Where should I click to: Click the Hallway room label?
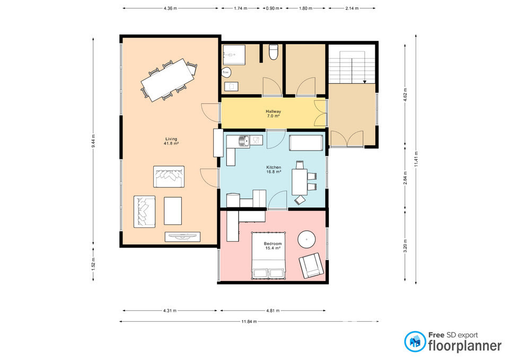[x=274, y=111]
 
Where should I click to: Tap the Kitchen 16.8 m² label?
[x=274, y=170]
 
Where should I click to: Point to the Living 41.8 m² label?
[x=171, y=141]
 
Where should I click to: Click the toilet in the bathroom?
[x=274, y=52]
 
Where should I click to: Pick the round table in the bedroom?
[x=306, y=240]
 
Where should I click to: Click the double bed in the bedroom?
[x=268, y=256]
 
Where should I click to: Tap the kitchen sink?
[x=244, y=141]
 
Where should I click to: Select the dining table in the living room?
[x=169, y=80]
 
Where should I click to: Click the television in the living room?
[x=182, y=236]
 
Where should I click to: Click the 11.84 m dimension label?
[x=249, y=322]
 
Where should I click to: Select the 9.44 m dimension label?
[x=93, y=141]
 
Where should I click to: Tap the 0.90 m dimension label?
[x=273, y=8]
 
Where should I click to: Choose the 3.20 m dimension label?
[x=405, y=245]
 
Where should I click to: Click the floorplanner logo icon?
[x=415, y=341]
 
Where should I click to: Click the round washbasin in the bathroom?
[x=226, y=72]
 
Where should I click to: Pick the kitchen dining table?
[x=300, y=182]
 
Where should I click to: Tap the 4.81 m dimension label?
[x=273, y=311]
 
